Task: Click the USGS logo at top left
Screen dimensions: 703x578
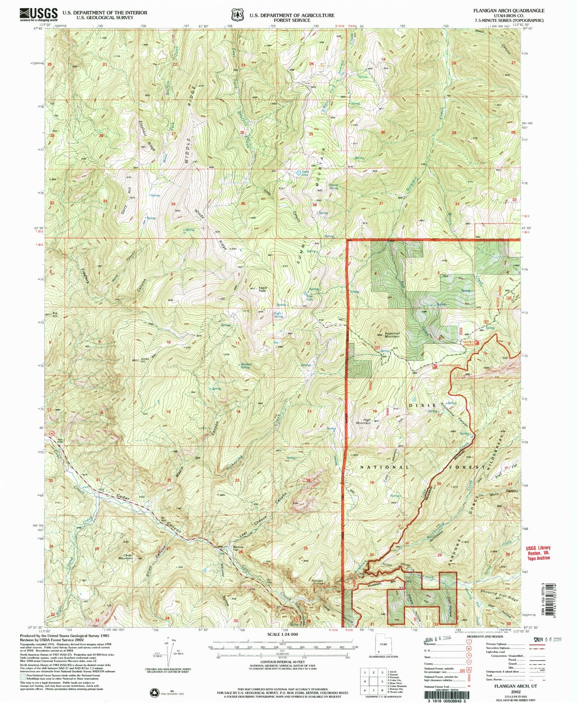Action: (x=38, y=14)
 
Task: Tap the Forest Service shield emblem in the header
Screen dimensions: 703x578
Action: (x=237, y=15)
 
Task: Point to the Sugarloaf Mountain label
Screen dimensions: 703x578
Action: (x=392, y=334)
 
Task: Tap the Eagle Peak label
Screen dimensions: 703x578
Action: (x=262, y=289)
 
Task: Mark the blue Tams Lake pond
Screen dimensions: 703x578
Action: (x=299, y=173)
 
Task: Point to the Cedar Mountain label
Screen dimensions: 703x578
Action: (x=126, y=557)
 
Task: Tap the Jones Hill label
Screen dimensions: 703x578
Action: (x=144, y=360)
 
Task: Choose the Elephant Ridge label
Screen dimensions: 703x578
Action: (x=146, y=135)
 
